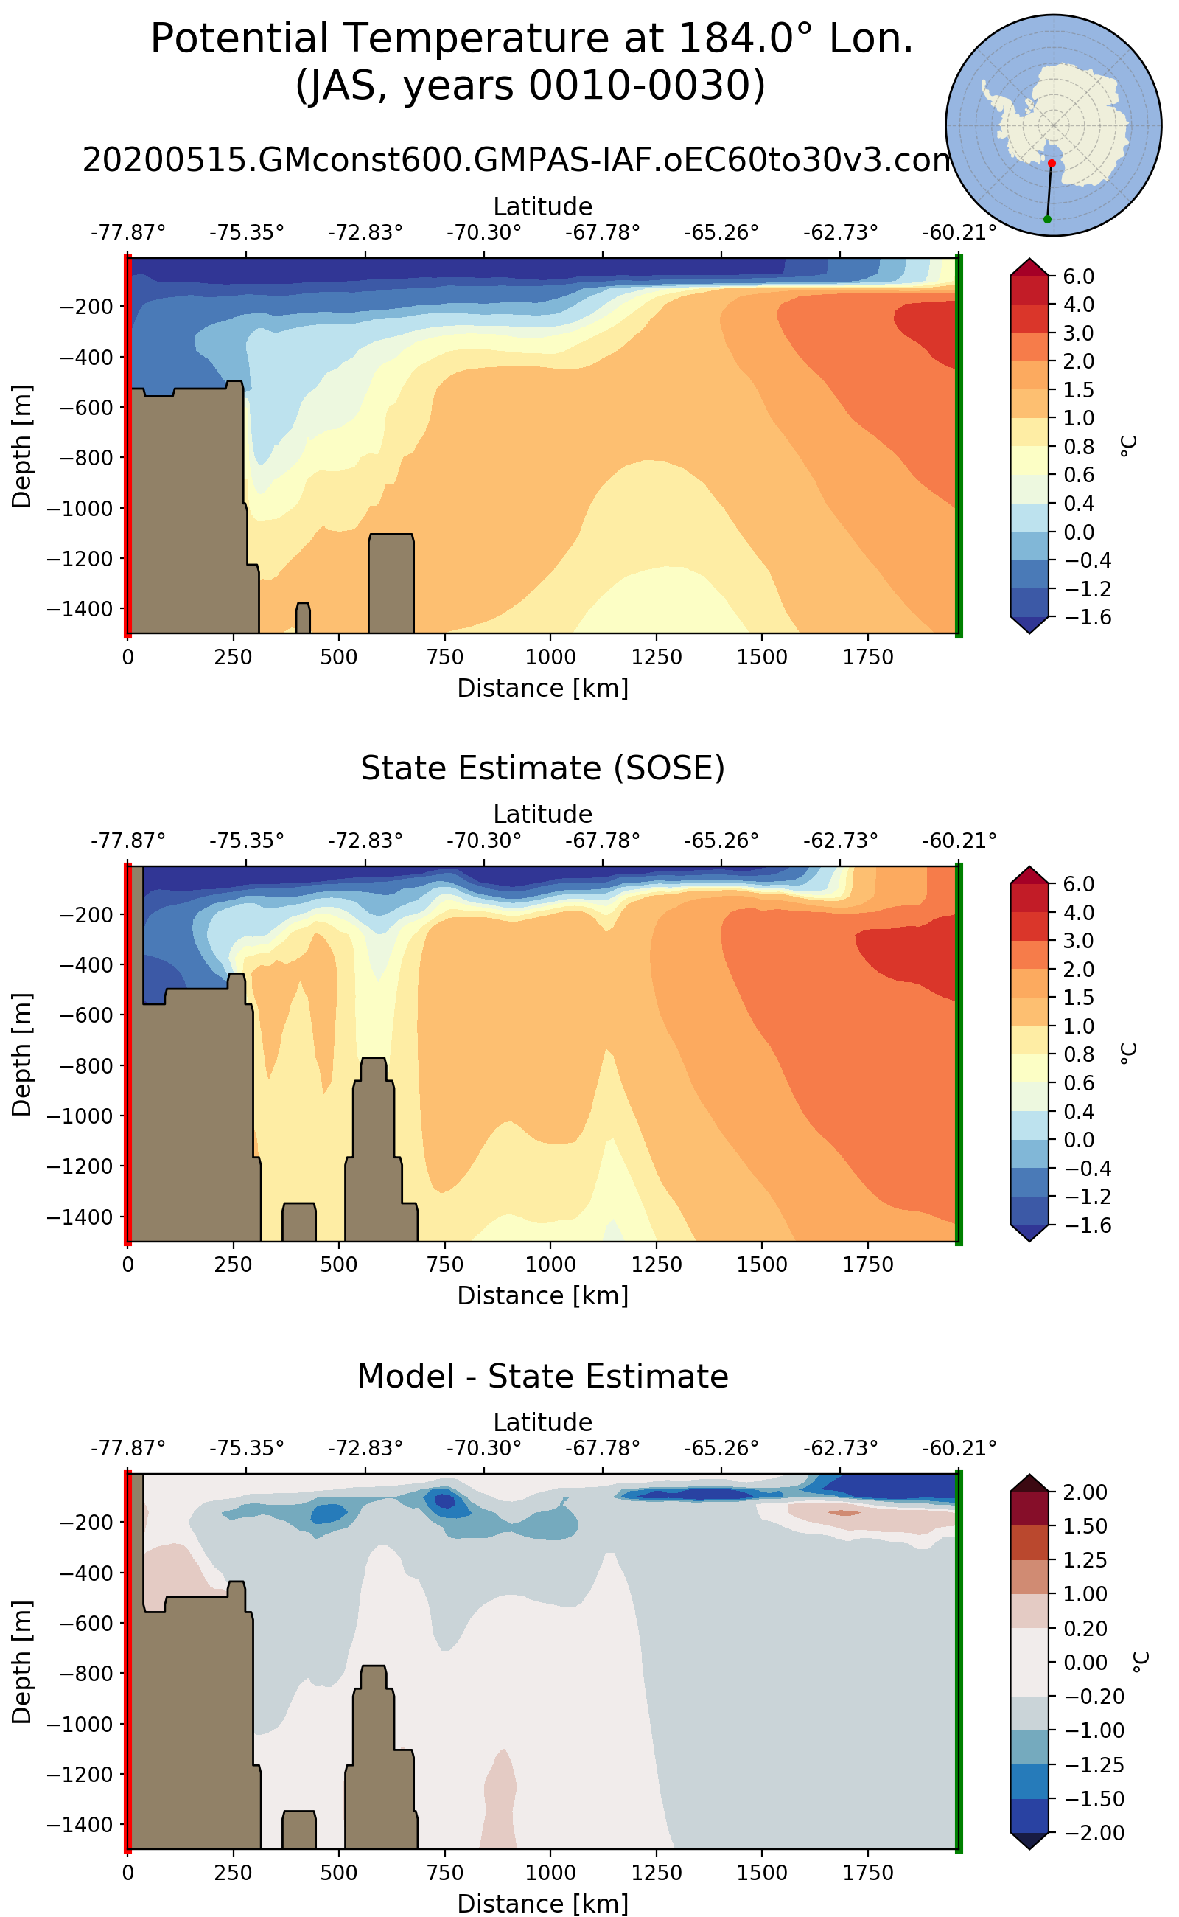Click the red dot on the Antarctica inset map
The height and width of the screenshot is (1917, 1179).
(x=1052, y=163)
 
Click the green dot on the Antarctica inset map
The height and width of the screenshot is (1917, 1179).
(x=1047, y=219)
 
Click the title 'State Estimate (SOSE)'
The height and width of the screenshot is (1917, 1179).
(x=543, y=768)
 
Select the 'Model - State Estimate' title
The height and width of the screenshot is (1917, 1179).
(x=543, y=1377)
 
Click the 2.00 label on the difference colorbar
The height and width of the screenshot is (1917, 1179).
(x=1085, y=1492)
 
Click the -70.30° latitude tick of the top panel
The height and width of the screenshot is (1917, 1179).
(x=483, y=232)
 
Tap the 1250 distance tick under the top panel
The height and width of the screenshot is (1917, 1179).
(x=657, y=657)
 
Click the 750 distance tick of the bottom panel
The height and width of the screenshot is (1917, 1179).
(x=444, y=1873)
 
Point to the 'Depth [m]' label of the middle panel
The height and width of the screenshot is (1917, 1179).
(x=22, y=1054)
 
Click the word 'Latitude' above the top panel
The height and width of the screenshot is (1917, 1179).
(x=543, y=206)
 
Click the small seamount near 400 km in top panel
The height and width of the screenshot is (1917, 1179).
(x=303, y=618)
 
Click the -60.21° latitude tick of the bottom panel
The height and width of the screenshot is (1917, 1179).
(x=959, y=1448)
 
